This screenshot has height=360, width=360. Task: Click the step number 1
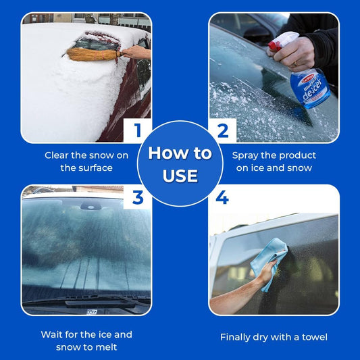coord(138,130)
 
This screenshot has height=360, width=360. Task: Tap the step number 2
coord(222,130)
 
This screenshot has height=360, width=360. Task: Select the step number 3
coord(138,198)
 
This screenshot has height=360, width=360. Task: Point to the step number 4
coord(223,199)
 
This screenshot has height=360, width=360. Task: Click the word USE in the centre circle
coord(180,176)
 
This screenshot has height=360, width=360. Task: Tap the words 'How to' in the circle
coord(180,153)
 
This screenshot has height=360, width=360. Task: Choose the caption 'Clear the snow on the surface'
coord(86,161)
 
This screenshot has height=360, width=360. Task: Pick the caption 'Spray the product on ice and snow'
coord(274,161)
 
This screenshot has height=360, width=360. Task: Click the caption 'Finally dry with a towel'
coord(274,336)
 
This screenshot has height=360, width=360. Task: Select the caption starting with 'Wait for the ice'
coord(86,340)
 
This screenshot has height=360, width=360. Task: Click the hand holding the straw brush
coord(137,52)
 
